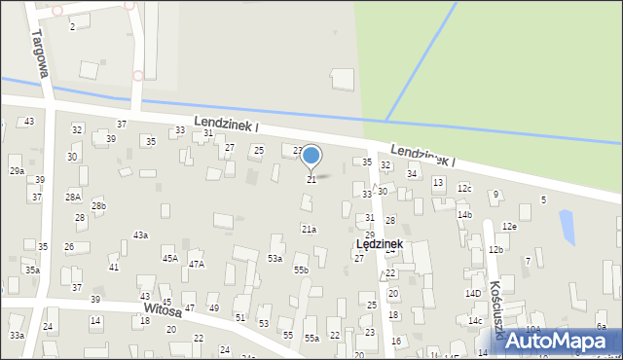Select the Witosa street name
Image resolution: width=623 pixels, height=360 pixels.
click(x=163, y=310)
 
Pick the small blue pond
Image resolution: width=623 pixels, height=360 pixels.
click(x=567, y=227)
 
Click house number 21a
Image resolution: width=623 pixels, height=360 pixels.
click(x=309, y=229)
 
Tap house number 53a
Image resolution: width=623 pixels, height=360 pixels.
click(x=275, y=258)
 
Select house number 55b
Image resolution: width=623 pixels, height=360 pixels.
click(x=301, y=270)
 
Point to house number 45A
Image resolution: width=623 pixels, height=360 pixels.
click(x=170, y=258)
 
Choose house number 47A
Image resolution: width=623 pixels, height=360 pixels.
click(x=197, y=264)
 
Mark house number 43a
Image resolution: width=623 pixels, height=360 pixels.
click(x=141, y=234)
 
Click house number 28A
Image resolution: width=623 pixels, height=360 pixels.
click(x=73, y=197)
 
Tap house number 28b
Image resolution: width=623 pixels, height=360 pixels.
click(x=98, y=206)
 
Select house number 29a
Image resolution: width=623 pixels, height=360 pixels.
click(x=17, y=170)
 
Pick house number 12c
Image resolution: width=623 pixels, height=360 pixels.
click(x=464, y=188)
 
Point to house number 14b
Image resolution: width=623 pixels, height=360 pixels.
click(x=464, y=214)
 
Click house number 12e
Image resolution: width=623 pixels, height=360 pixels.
click(x=508, y=226)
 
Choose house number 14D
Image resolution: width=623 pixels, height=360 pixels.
click(x=473, y=293)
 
